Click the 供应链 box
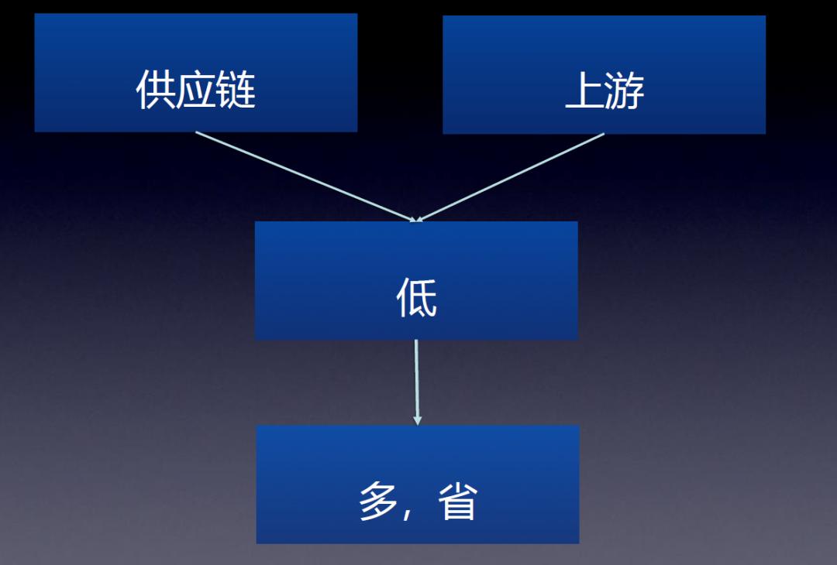coord(196,73)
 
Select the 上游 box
coord(604,74)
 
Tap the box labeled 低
coord(416,280)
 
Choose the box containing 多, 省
coord(418,484)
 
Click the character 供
coord(155,90)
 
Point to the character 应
coord(195,90)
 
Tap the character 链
coord(236,90)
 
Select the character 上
coord(584,91)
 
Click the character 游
coord(625,91)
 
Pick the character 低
coord(416,297)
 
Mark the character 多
coord(378,501)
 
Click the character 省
coord(457,501)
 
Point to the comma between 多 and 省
coord(408,514)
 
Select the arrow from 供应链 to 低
coord(305,176)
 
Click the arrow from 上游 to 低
coord(510,177)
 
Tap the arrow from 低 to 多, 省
coord(417,382)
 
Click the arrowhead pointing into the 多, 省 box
coord(418,420)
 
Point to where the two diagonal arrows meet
coord(416,221)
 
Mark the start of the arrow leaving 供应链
coord(196,132)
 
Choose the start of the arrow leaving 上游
coord(604,134)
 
